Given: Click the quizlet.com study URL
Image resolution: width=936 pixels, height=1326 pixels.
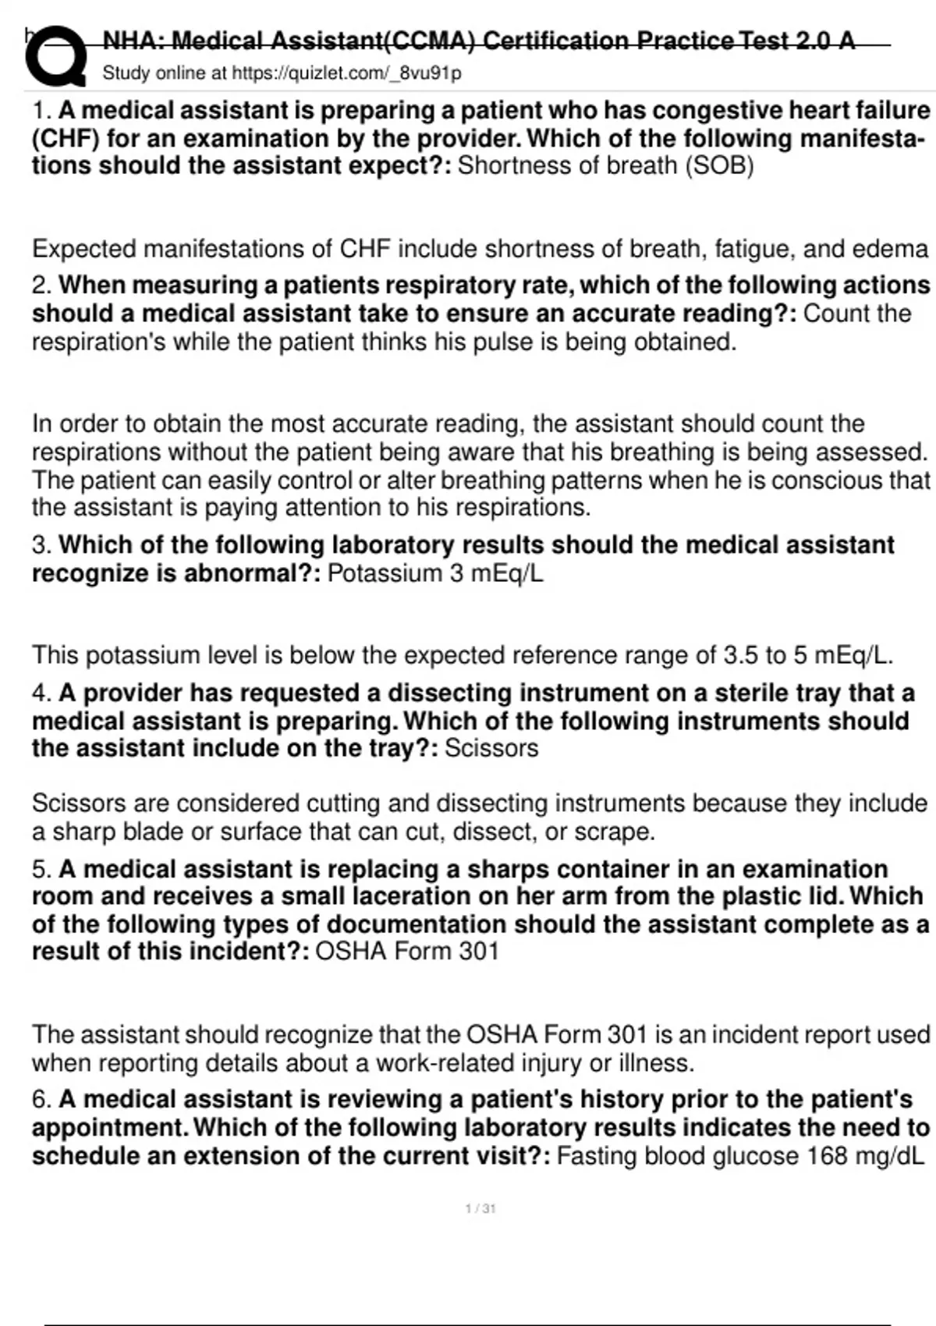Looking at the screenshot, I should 347,73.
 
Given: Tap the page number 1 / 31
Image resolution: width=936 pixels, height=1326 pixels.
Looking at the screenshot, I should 480,1209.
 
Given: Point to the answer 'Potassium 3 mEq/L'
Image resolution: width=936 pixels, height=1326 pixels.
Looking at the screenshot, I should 435,573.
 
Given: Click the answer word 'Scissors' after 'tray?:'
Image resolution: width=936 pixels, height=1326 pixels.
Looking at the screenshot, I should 491,748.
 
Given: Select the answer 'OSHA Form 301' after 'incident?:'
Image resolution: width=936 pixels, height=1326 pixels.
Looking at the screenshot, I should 407,952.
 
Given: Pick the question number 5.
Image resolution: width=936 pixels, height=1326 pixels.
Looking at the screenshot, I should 41,869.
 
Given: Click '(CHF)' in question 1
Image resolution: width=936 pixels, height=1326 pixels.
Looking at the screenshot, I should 66,139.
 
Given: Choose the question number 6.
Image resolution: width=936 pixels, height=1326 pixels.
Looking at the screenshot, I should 41,1099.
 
